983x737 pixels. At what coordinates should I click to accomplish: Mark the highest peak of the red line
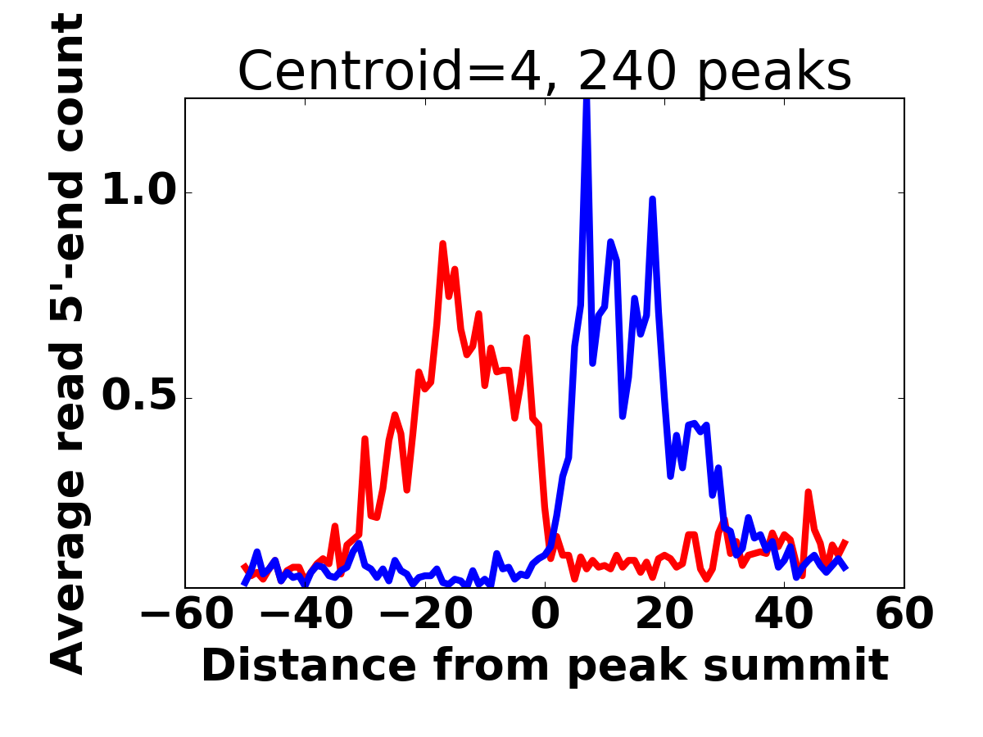(442, 243)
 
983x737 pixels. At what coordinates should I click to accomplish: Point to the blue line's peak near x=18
(652, 199)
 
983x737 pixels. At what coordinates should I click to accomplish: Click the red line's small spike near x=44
(808, 492)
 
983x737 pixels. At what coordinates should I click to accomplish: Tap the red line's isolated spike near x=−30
(365, 439)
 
